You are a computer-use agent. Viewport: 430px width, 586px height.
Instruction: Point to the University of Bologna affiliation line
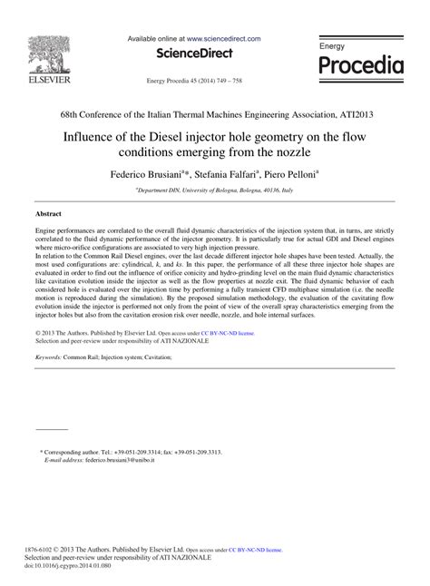coord(214,190)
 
